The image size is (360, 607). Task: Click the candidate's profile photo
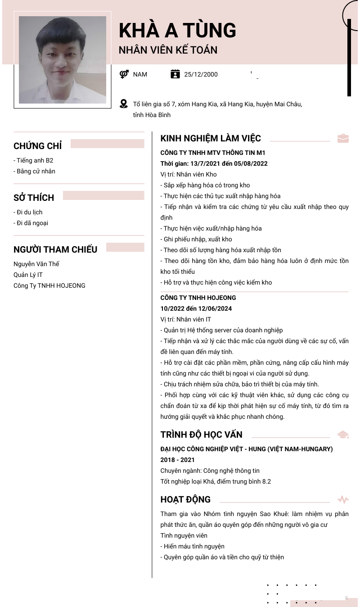[x=63, y=60]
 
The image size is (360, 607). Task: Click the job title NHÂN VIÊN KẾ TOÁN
[x=168, y=50]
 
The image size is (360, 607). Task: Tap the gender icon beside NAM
[x=124, y=74]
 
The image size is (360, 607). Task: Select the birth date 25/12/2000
[x=201, y=74]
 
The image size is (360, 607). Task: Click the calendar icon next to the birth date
[x=175, y=74]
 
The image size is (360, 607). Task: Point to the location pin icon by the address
[x=124, y=104]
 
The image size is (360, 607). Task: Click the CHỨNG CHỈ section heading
[x=38, y=146]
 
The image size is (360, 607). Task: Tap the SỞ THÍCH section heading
[x=34, y=198]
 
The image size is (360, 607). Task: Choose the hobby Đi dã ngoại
[x=31, y=223]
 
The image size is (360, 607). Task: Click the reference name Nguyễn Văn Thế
[x=36, y=264]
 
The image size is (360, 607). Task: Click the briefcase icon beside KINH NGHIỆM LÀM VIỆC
[x=343, y=138]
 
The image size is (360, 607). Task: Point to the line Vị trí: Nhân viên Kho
[x=189, y=174]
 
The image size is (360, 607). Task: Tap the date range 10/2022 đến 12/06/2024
[x=196, y=308]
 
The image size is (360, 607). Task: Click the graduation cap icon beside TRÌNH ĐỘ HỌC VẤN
[x=343, y=435]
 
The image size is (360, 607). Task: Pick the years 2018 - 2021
[x=178, y=460]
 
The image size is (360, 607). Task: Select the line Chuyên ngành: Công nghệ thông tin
[x=210, y=471]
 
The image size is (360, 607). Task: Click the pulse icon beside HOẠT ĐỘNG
[x=343, y=499]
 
